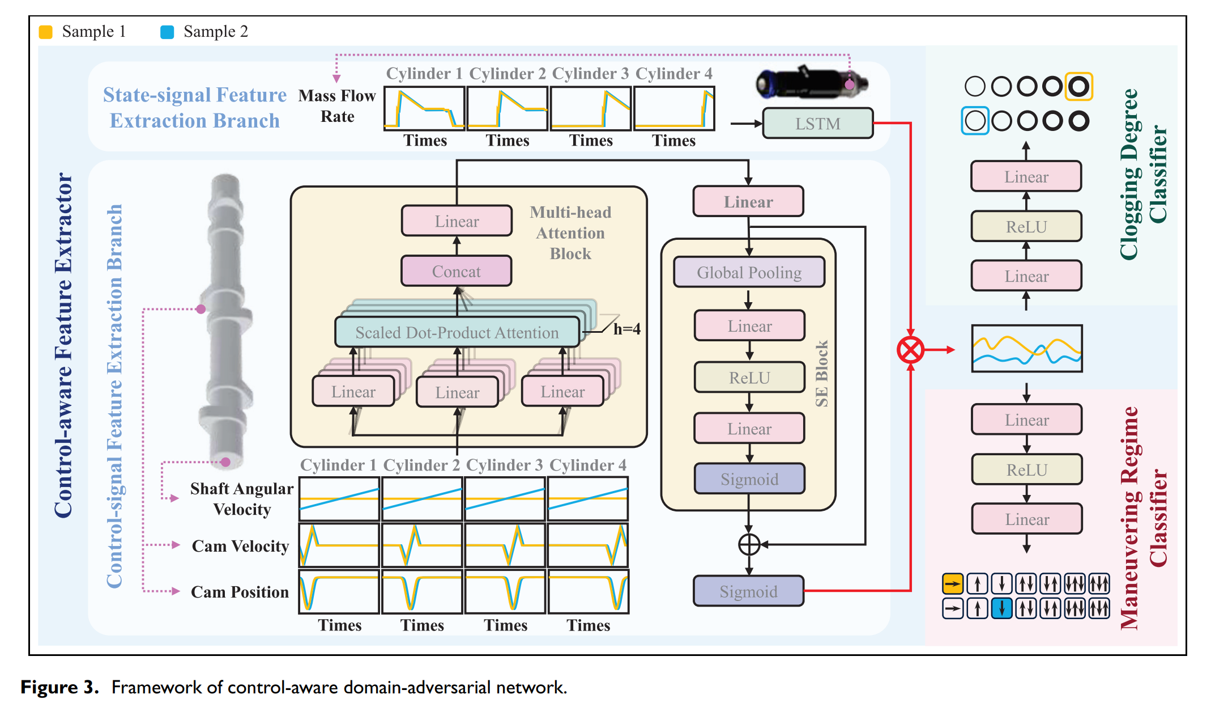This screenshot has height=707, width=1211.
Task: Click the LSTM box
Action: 817,123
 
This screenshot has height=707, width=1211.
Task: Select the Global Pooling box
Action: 749,272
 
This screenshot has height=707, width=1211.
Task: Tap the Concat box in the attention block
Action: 457,271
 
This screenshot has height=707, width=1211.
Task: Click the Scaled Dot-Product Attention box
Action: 457,332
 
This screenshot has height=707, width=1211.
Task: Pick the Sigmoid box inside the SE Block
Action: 749,479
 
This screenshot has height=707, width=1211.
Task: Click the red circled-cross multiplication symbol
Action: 910,350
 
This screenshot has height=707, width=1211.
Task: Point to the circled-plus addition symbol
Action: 749,544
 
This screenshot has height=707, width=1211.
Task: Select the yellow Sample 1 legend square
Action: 45,32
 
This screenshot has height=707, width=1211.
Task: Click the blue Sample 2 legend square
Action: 167,32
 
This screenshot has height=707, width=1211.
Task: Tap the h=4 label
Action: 627,329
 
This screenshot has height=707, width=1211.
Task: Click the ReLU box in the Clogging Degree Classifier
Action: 1026,226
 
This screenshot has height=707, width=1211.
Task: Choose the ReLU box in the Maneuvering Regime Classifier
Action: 1027,469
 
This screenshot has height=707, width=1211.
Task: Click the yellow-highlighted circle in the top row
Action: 1078,87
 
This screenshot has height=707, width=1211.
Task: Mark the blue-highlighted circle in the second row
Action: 975,121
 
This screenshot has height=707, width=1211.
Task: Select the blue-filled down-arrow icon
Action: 1002,608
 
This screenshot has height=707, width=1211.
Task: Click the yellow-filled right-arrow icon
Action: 953,583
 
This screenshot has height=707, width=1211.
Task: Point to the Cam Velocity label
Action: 240,546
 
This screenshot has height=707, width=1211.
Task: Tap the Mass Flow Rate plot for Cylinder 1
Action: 424,108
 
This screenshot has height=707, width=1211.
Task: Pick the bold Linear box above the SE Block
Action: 748,201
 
